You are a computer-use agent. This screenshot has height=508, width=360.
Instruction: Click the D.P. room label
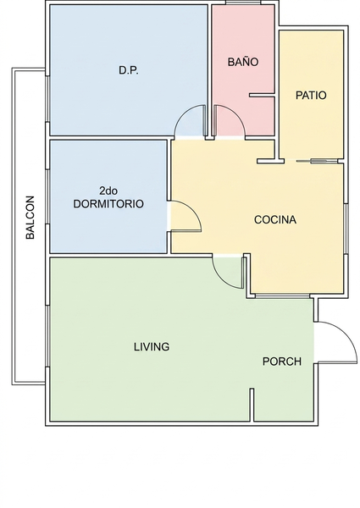(x=129, y=70)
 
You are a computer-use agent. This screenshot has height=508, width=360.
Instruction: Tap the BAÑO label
(x=243, y=62)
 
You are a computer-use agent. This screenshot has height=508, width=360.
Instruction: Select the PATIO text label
(x=311, y=95)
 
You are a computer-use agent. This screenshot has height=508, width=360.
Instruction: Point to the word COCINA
(x=275, y=219)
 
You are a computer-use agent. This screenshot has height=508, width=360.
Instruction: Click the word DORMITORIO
(x=108, y=204)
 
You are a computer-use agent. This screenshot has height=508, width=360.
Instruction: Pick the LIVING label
(x=152, y=346)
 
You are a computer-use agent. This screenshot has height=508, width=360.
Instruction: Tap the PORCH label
(x=282, y=362)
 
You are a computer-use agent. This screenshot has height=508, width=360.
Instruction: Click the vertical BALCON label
(x=30, y=218)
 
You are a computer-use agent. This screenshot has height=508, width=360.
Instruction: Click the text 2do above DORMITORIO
(x=108, y=190)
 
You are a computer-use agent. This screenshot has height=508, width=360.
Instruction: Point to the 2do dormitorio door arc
(x=194, y=211)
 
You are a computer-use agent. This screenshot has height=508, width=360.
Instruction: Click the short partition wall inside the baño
(x=262, y=95)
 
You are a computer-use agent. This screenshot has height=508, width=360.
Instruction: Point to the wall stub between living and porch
(x=252, y=405)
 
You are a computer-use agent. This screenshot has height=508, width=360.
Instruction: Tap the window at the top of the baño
(x=243, y=3)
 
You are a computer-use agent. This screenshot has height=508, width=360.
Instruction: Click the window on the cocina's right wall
(x=346, y=229)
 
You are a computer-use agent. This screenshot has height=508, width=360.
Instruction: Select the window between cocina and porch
(x=282, y=296)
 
